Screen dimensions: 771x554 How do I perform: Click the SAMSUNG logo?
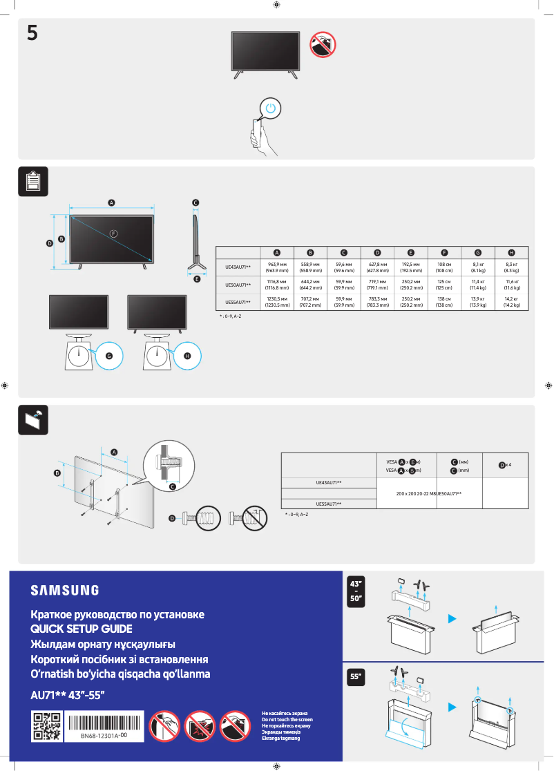pyautogui.click(x=64, y=590)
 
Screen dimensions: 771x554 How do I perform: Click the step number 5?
pyautogui.click(x=32, y=33)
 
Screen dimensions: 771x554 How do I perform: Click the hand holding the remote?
pyautogui.click(x=259, y=135)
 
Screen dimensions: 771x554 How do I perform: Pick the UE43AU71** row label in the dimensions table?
pyautogui.click(x=238, y=266)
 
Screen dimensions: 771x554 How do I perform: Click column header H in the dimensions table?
pyautogui.click(x=511, y=252)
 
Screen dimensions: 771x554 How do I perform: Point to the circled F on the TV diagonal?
pyautogui.click(x=113, y=233)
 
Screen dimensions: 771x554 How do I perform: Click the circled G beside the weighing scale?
pyautogui.click(x=108, y=355)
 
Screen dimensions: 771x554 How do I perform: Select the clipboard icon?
pyautogui.click(x=33, y=181)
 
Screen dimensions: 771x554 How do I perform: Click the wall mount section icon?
pyautogui.click(x=33, y=419)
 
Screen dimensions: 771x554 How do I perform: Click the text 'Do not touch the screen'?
pyautogui.click(x=287, y=719)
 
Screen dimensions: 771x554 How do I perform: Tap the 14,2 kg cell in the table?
pyautogui.click(x=511, y=301)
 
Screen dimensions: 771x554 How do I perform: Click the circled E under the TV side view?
pyautogui.click(x=197, y=279)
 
